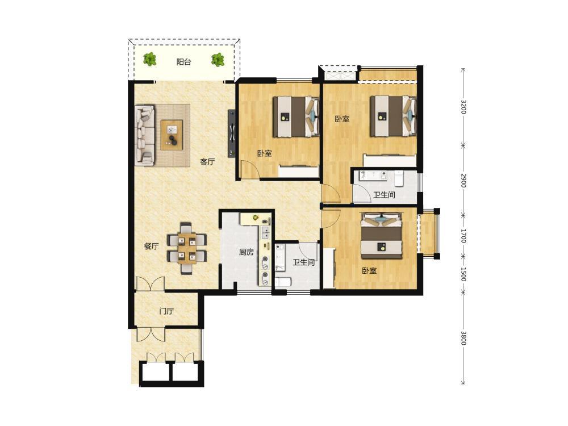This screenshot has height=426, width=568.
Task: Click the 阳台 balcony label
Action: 183,62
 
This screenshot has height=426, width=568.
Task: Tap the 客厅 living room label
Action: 207,162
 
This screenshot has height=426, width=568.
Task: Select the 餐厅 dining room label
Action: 152,247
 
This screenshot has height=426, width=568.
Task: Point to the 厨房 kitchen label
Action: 247,252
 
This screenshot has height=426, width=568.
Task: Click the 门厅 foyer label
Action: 166,311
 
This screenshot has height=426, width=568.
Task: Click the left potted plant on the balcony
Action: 149,59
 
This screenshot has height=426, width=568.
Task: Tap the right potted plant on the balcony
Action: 218,60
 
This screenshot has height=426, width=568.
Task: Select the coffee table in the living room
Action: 172,135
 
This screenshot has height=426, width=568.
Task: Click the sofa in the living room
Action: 145,136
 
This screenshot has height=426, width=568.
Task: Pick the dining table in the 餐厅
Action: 187,248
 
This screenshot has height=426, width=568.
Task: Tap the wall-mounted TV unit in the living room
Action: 231,133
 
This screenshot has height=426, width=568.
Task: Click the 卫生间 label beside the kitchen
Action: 303,262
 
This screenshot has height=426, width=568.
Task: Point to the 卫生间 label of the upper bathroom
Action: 384,195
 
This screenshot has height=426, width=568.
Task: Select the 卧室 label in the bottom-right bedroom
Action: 369,270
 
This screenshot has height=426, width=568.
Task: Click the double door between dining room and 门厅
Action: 150,285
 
